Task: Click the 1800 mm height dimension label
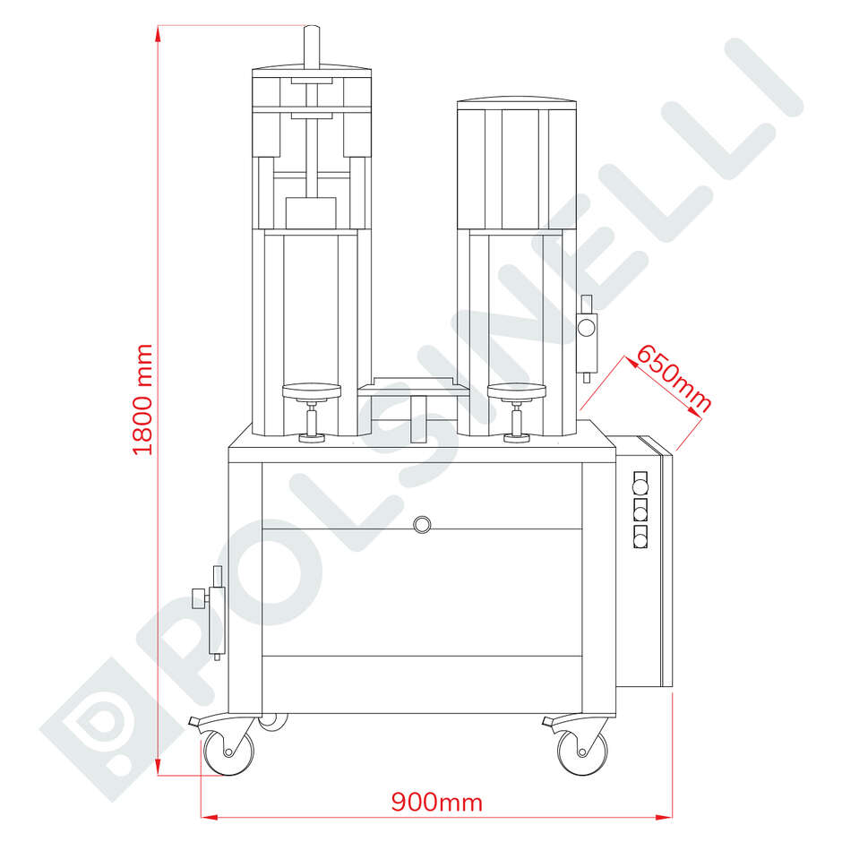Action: [142, 400]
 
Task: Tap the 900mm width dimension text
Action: [436, 803]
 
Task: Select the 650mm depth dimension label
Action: [674, 379]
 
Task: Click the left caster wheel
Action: [228, 752]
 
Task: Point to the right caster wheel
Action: [582, 752]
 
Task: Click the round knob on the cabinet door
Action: [422, 524]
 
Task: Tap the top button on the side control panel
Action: [640, 486]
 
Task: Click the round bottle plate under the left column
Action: [312, 391]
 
